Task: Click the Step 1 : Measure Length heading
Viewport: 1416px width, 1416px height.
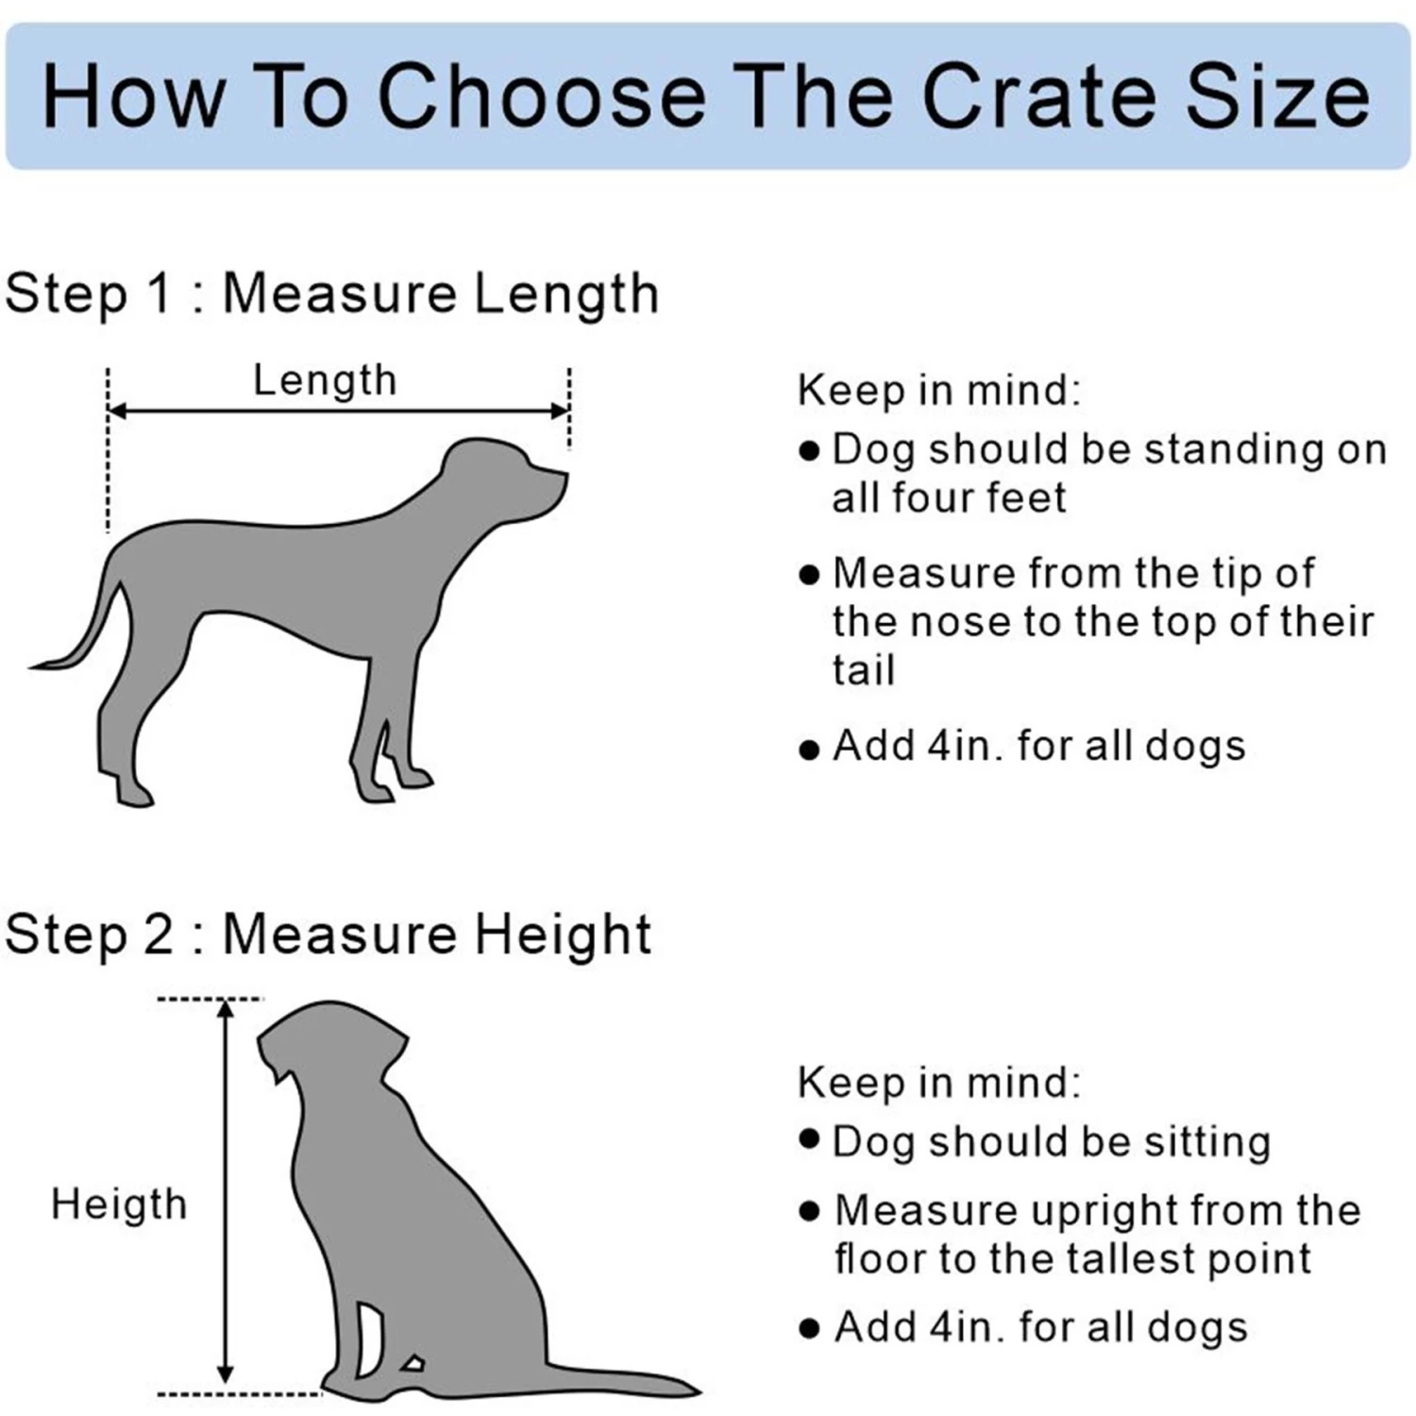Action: point(331,293)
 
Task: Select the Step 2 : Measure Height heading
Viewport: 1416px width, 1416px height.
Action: point(328,935)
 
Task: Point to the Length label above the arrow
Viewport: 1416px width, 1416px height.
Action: point(325,380)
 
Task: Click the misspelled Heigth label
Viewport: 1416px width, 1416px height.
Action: point(119,1205)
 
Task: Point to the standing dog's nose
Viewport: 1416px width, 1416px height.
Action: point(563,477)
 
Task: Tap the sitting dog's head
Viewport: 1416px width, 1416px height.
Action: point(330,1038)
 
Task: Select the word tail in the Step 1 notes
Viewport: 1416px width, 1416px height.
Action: point(863,670)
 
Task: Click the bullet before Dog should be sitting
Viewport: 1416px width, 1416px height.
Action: point(808,1138)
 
